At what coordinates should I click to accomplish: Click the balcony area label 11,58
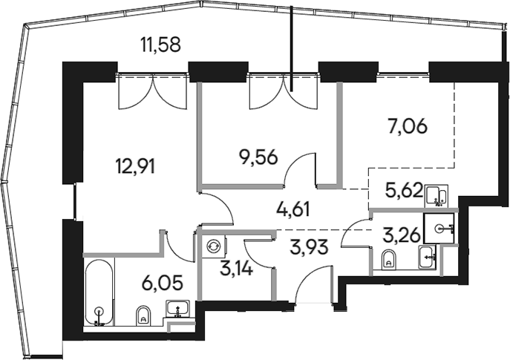coord(160,45)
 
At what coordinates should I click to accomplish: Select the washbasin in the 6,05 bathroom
coord(177,308)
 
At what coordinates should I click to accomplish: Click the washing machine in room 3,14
coord(215,246)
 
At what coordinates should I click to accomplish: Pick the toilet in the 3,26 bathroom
coord(388,260)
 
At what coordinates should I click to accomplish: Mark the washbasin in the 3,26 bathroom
coord(428,258)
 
